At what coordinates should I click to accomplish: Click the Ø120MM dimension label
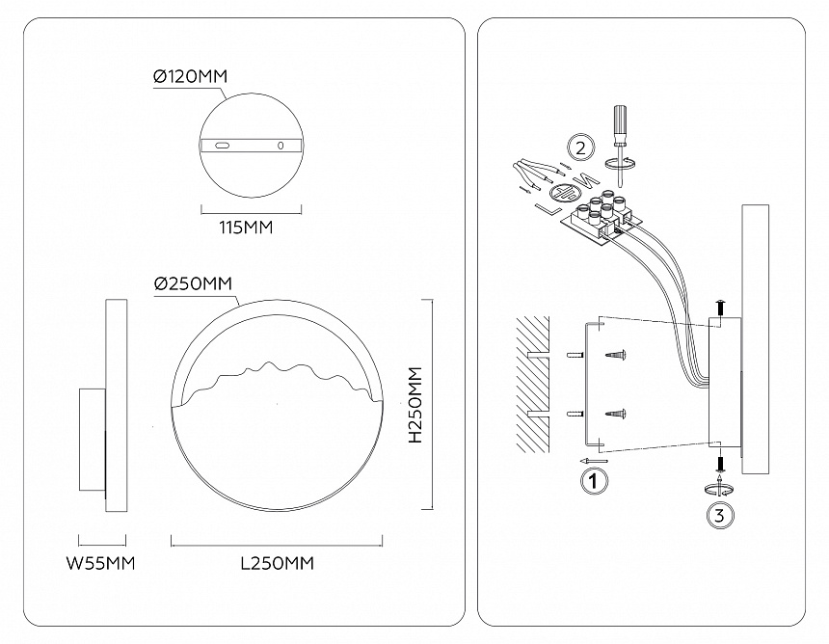[x=191, y=76]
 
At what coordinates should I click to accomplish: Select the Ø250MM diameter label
[x=193, y=283]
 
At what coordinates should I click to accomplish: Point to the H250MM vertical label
[x=415, y=405]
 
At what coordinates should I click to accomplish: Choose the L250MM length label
[x=278, y=563]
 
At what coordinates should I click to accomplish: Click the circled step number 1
[x=595, y=479]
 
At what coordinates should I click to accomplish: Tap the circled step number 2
[x=579, y=148]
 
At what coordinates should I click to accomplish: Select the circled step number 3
[x=718, y=516]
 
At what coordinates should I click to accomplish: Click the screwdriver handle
[x=618, y=124]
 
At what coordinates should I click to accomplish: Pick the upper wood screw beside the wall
[x=616, y=356]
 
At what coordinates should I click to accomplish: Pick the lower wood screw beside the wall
[x=616, y=414]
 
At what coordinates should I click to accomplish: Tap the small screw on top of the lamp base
[x=720, y=308]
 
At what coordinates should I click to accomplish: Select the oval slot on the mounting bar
[x=223, y=146]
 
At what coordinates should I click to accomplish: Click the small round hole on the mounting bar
[x=281, y=146]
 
